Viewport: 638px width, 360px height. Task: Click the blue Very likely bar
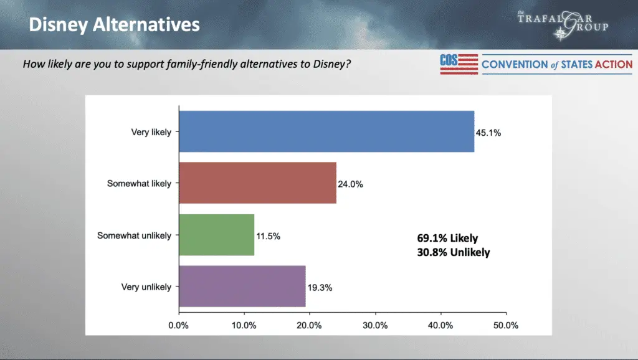[326, 131]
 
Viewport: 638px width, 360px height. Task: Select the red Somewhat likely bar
[257, 183]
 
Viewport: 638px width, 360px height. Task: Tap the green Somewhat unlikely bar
[216, 235]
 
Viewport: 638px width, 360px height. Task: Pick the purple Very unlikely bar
[242, 287]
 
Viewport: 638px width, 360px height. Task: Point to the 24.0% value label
[351, 184]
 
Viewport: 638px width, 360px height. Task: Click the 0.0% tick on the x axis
[179, 325]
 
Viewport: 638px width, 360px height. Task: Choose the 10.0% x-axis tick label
[244, 325]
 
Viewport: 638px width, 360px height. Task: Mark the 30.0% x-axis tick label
[375, 325]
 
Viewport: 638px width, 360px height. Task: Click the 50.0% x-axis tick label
[506, 325]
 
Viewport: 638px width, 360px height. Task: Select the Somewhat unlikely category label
[134, 235]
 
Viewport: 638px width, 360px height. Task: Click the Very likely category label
[151, 132]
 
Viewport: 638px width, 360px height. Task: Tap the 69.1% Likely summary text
[447, 238]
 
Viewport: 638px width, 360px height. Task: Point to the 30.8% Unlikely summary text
[454, 252]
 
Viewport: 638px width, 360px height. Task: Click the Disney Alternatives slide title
[115, 24]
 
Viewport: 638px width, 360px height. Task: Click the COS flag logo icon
[459, 64]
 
